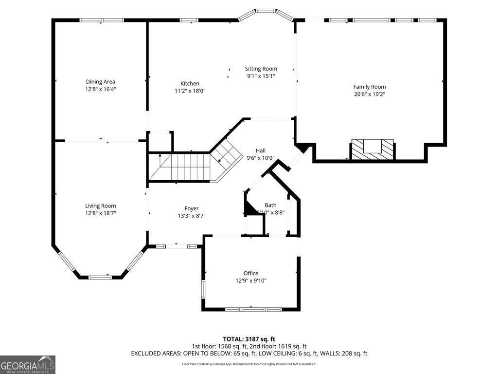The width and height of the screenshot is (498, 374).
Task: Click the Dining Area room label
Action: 101,82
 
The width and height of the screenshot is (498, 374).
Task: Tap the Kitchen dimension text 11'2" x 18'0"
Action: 190,91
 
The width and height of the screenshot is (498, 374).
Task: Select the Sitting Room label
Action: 261,69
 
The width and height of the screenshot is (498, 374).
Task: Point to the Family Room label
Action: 370,87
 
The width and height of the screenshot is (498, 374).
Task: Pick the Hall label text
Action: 261,150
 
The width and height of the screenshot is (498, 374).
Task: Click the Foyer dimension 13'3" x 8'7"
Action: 191,216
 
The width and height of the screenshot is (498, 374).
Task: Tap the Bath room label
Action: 270,205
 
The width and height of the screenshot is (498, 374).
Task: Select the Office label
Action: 251,273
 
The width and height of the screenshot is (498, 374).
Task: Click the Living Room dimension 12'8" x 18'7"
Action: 101,213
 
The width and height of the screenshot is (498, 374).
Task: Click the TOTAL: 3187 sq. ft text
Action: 249,339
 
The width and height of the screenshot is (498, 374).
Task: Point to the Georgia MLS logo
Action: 28,365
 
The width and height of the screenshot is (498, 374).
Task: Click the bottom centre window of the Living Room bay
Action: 100,277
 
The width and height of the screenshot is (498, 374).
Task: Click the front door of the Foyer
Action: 177,246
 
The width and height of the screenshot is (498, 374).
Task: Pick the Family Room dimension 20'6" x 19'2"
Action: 370,94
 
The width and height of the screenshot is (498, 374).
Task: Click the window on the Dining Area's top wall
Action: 102,20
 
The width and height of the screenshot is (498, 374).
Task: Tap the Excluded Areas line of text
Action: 249,354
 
